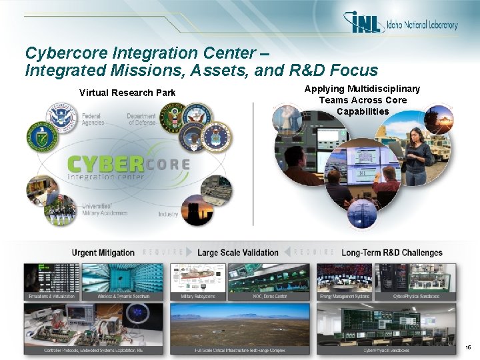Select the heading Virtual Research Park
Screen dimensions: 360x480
click(x=127, y=93)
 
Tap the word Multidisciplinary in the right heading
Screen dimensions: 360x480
click(x=382, y=89)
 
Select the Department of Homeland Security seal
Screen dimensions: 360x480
click(x=63, y=117)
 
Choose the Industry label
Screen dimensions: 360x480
click(x=168, y=214)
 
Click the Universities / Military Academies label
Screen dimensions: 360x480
click(x=104, y=209)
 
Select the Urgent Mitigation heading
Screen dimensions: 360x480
click(x=103, y=253)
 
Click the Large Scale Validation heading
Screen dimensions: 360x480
click(x=238, y=253)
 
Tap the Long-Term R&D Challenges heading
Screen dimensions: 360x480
click(x=391, y=253)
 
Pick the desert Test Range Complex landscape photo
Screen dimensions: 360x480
click(x=240, y=326)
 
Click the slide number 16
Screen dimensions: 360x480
click(x=468, y=348)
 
